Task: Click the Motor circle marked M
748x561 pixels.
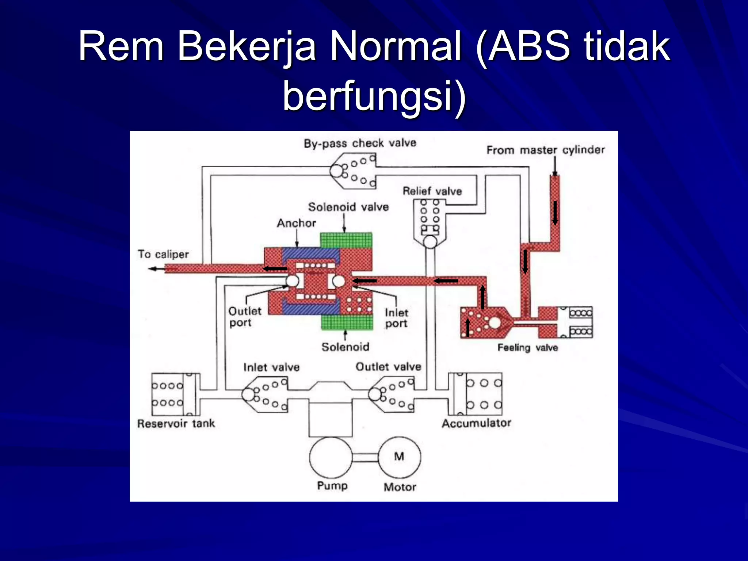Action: pos(399,457)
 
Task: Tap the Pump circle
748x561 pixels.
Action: pos(331,457)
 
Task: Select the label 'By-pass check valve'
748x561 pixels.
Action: pos(360,143)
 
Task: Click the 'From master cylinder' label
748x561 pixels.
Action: pos(545,150)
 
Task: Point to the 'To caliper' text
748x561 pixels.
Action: pos(163,254)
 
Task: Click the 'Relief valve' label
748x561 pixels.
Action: pos(432,191)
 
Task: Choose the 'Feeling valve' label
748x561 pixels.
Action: pos(527,347)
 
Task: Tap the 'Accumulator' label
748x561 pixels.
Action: pos(476,423)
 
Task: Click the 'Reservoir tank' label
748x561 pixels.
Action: pos(176,424)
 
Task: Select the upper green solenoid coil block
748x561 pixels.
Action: pos(346,240)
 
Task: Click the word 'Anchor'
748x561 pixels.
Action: pos(296,223)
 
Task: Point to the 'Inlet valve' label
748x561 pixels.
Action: pos(271,367)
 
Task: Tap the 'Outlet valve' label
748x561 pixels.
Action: pos(388,367)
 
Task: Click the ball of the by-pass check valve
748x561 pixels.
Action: pos(336,171)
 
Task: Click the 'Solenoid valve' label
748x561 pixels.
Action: pos(348,207)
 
